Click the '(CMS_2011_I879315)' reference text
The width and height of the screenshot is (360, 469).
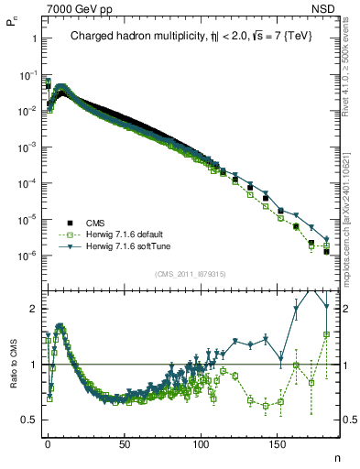pos(191,274)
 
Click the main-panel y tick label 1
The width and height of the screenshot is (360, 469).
pos(32,38)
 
